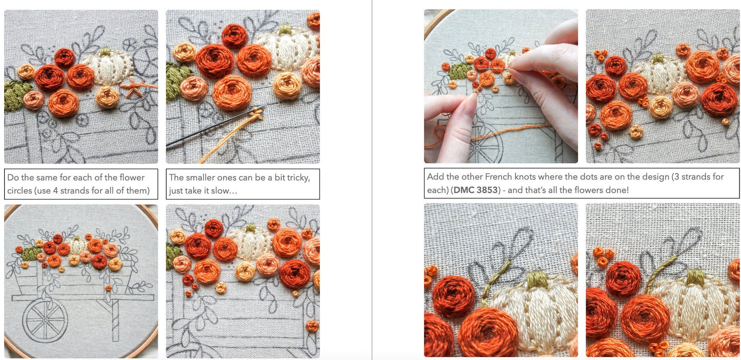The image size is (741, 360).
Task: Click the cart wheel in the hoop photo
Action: coord(45,321)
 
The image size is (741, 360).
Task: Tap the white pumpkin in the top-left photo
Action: coord(108,68)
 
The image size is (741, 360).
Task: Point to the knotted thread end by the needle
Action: coord(257,114)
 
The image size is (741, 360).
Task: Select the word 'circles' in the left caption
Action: coord(19,191)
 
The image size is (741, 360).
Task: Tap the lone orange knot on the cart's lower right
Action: coord(312,326)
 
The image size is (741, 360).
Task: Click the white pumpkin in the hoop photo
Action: coord(77,245)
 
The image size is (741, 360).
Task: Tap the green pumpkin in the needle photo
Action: coord(460,71)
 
